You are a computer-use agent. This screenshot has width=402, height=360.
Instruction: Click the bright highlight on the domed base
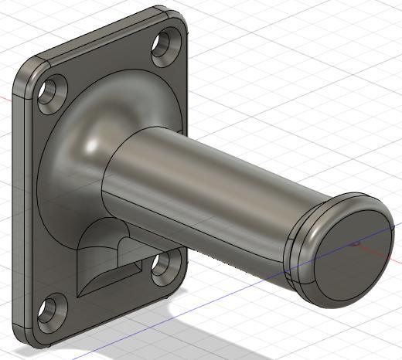(94, 144)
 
